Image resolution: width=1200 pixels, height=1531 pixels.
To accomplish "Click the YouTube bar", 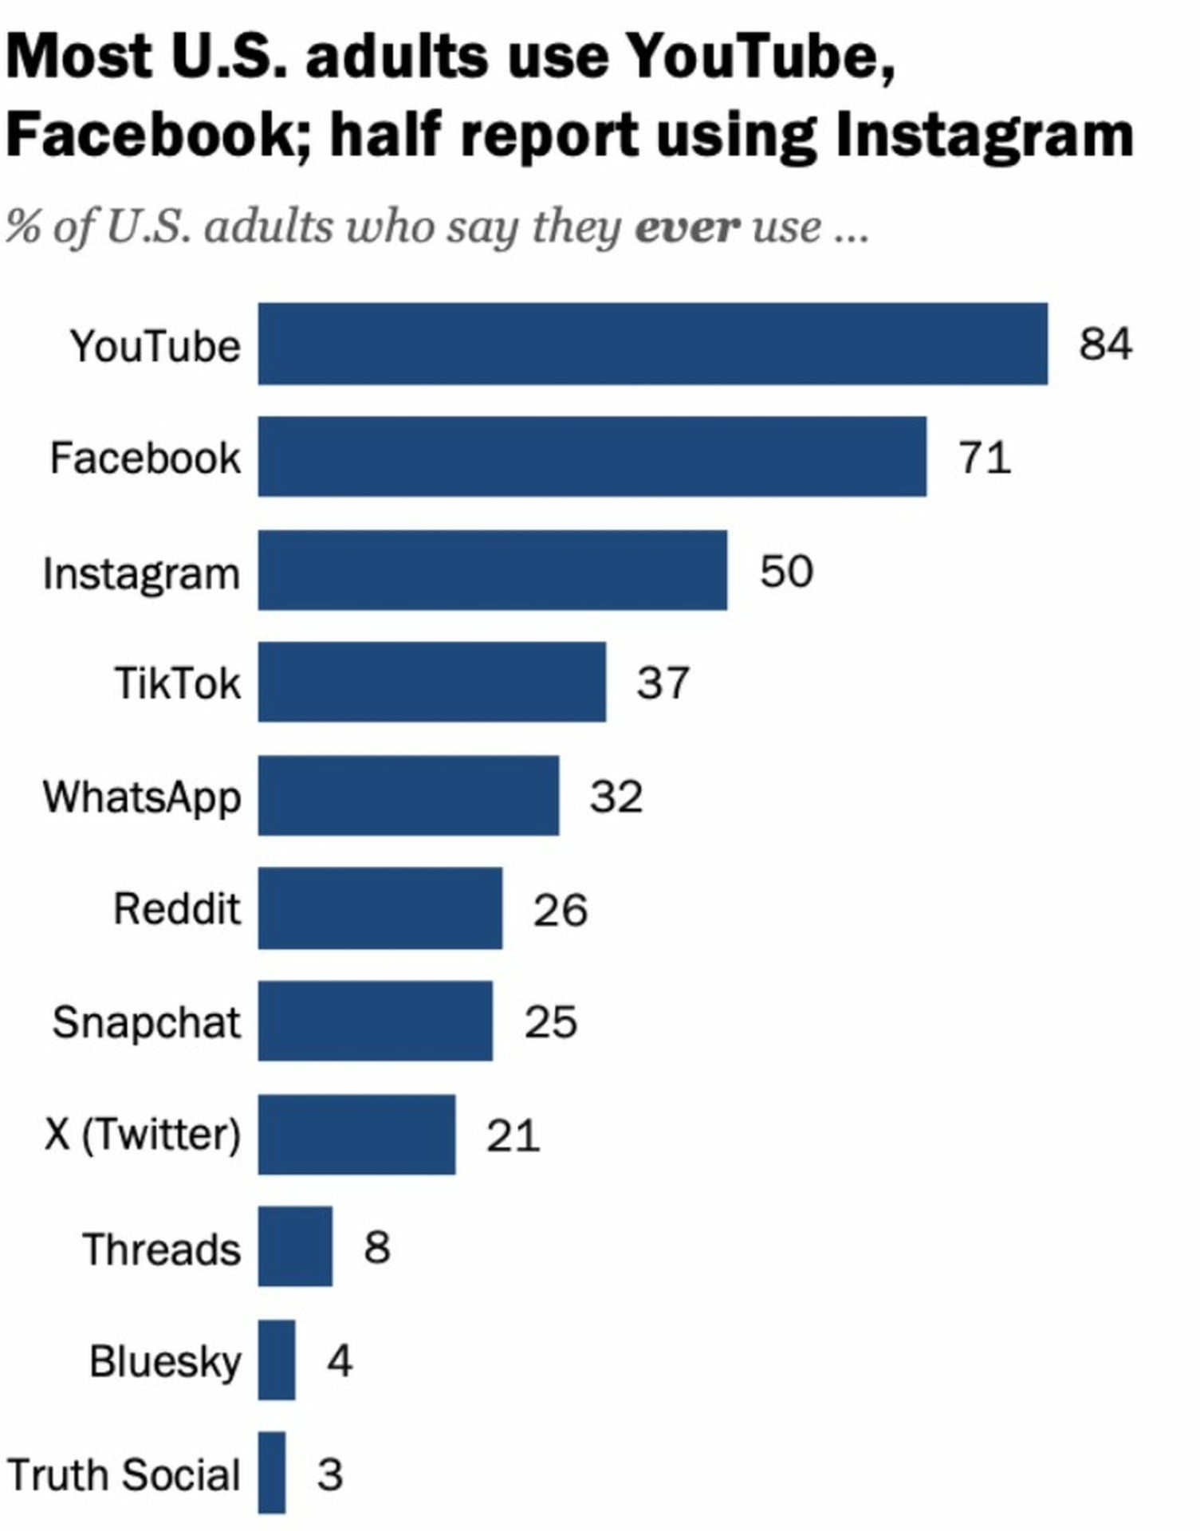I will coord(652,344).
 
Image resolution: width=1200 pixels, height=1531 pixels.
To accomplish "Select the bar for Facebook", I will coord(592,456).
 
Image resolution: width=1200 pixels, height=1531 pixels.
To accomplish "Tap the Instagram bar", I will coord(492,570).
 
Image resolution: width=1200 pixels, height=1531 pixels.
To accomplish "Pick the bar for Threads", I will coord(295,1246).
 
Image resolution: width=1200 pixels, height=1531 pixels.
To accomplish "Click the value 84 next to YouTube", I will coord(1105,344).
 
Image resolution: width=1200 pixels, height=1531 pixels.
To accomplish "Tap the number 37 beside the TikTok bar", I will coord(662,683).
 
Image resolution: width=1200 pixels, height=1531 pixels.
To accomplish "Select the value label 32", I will coord(616,796).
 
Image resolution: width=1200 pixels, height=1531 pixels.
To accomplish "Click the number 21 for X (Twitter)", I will coord(513,1135).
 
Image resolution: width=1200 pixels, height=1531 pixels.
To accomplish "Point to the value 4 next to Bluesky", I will coord(339,1360).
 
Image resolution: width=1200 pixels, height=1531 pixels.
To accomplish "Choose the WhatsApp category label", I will coord(141,797).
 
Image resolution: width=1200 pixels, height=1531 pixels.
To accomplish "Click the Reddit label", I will coord(176,908).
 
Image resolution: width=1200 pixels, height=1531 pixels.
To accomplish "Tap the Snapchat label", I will coord(146,1021).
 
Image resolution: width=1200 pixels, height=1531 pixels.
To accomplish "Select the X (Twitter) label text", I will coord(142,1135).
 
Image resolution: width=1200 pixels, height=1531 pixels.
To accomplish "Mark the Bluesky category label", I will coord(164,1361).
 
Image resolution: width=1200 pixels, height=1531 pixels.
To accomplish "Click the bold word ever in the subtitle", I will coord(687,226).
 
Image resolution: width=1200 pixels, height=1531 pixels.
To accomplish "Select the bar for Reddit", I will coord(380,908).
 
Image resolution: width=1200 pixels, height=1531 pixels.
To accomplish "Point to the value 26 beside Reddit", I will coord(560,909).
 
